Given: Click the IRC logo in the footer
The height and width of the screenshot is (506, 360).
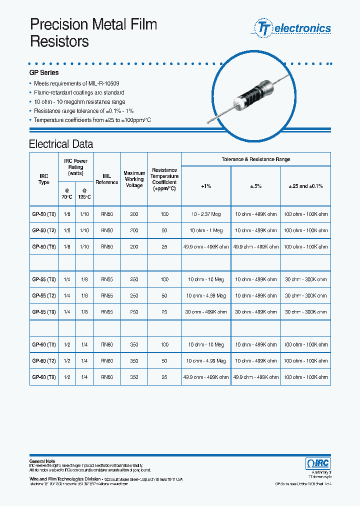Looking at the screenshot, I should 317,463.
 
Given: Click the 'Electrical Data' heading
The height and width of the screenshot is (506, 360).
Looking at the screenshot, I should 61,144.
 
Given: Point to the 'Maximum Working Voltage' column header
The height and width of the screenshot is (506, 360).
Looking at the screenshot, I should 134,179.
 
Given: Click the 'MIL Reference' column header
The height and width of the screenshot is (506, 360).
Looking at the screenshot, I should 106,179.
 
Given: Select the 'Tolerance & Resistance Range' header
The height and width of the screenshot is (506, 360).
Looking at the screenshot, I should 255,159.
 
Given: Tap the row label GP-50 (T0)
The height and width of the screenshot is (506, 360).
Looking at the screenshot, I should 44,214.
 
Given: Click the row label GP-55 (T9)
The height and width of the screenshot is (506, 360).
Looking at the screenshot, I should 44,312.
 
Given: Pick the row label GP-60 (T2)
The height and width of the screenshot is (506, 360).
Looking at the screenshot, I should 44,361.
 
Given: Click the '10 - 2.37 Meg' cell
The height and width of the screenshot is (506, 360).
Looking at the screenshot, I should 206,214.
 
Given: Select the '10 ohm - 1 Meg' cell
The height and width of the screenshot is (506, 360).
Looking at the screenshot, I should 206,230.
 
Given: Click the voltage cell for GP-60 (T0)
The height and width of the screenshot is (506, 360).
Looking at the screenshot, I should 134,345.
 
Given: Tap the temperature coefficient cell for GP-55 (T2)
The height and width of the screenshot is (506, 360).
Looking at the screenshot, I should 164,296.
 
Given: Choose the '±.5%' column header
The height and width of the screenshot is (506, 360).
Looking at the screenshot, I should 255,186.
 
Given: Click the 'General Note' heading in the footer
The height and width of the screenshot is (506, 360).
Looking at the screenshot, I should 42,461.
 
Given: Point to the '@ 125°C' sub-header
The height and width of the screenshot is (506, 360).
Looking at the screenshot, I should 84,194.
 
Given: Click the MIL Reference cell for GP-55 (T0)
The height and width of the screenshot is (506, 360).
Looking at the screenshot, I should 106,279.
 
